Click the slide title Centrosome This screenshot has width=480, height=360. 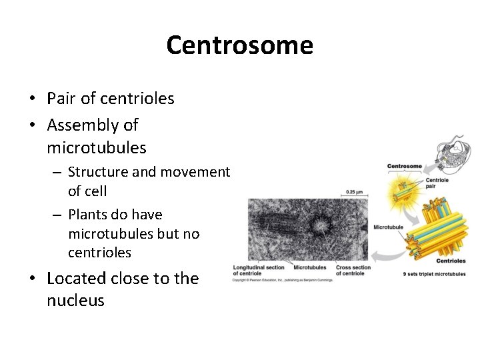(x=239, y=45)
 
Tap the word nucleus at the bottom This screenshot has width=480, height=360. (x=75, y=300)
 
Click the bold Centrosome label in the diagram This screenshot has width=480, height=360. (x=405, y=166)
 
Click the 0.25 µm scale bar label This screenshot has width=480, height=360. (x=355, y=192)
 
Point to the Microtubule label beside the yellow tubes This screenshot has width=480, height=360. (x=388, y=227)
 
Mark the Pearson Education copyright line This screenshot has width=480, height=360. (x=282, y=279)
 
